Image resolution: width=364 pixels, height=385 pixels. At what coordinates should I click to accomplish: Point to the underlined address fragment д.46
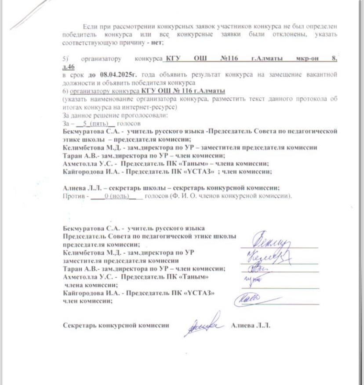pos(69,67)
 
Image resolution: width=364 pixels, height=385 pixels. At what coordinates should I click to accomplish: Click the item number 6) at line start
pos(66,91)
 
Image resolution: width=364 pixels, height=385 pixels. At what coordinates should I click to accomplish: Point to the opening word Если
pos(89,26)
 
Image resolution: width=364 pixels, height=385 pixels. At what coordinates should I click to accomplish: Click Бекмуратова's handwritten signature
pos(272,240)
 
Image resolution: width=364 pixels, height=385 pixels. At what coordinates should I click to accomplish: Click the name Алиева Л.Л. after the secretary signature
pos(251,326)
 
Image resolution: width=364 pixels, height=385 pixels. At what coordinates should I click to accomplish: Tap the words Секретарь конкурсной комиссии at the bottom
pos(116,326)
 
